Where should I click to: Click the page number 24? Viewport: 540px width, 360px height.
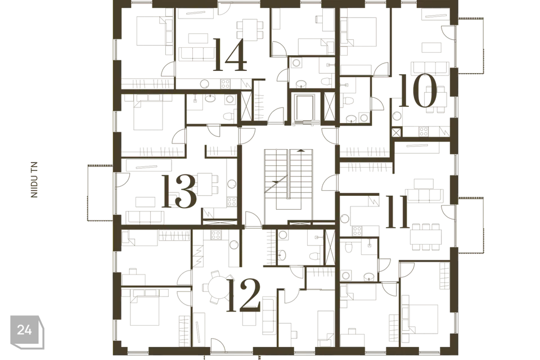pyautogui.click(x=24, y=330)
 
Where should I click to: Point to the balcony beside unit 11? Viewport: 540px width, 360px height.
pyautogui.click(x=471, y=224)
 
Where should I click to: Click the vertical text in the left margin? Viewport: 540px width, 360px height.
pyautogui.click(x=34, y=179)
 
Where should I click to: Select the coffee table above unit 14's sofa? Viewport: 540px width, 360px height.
pyautogui.click(x=197, y=38)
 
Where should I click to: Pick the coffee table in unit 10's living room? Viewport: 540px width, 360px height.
pyautogui.click(x=433, y=47)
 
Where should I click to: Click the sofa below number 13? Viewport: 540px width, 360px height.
pyautogui.click(x=143, y=217)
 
